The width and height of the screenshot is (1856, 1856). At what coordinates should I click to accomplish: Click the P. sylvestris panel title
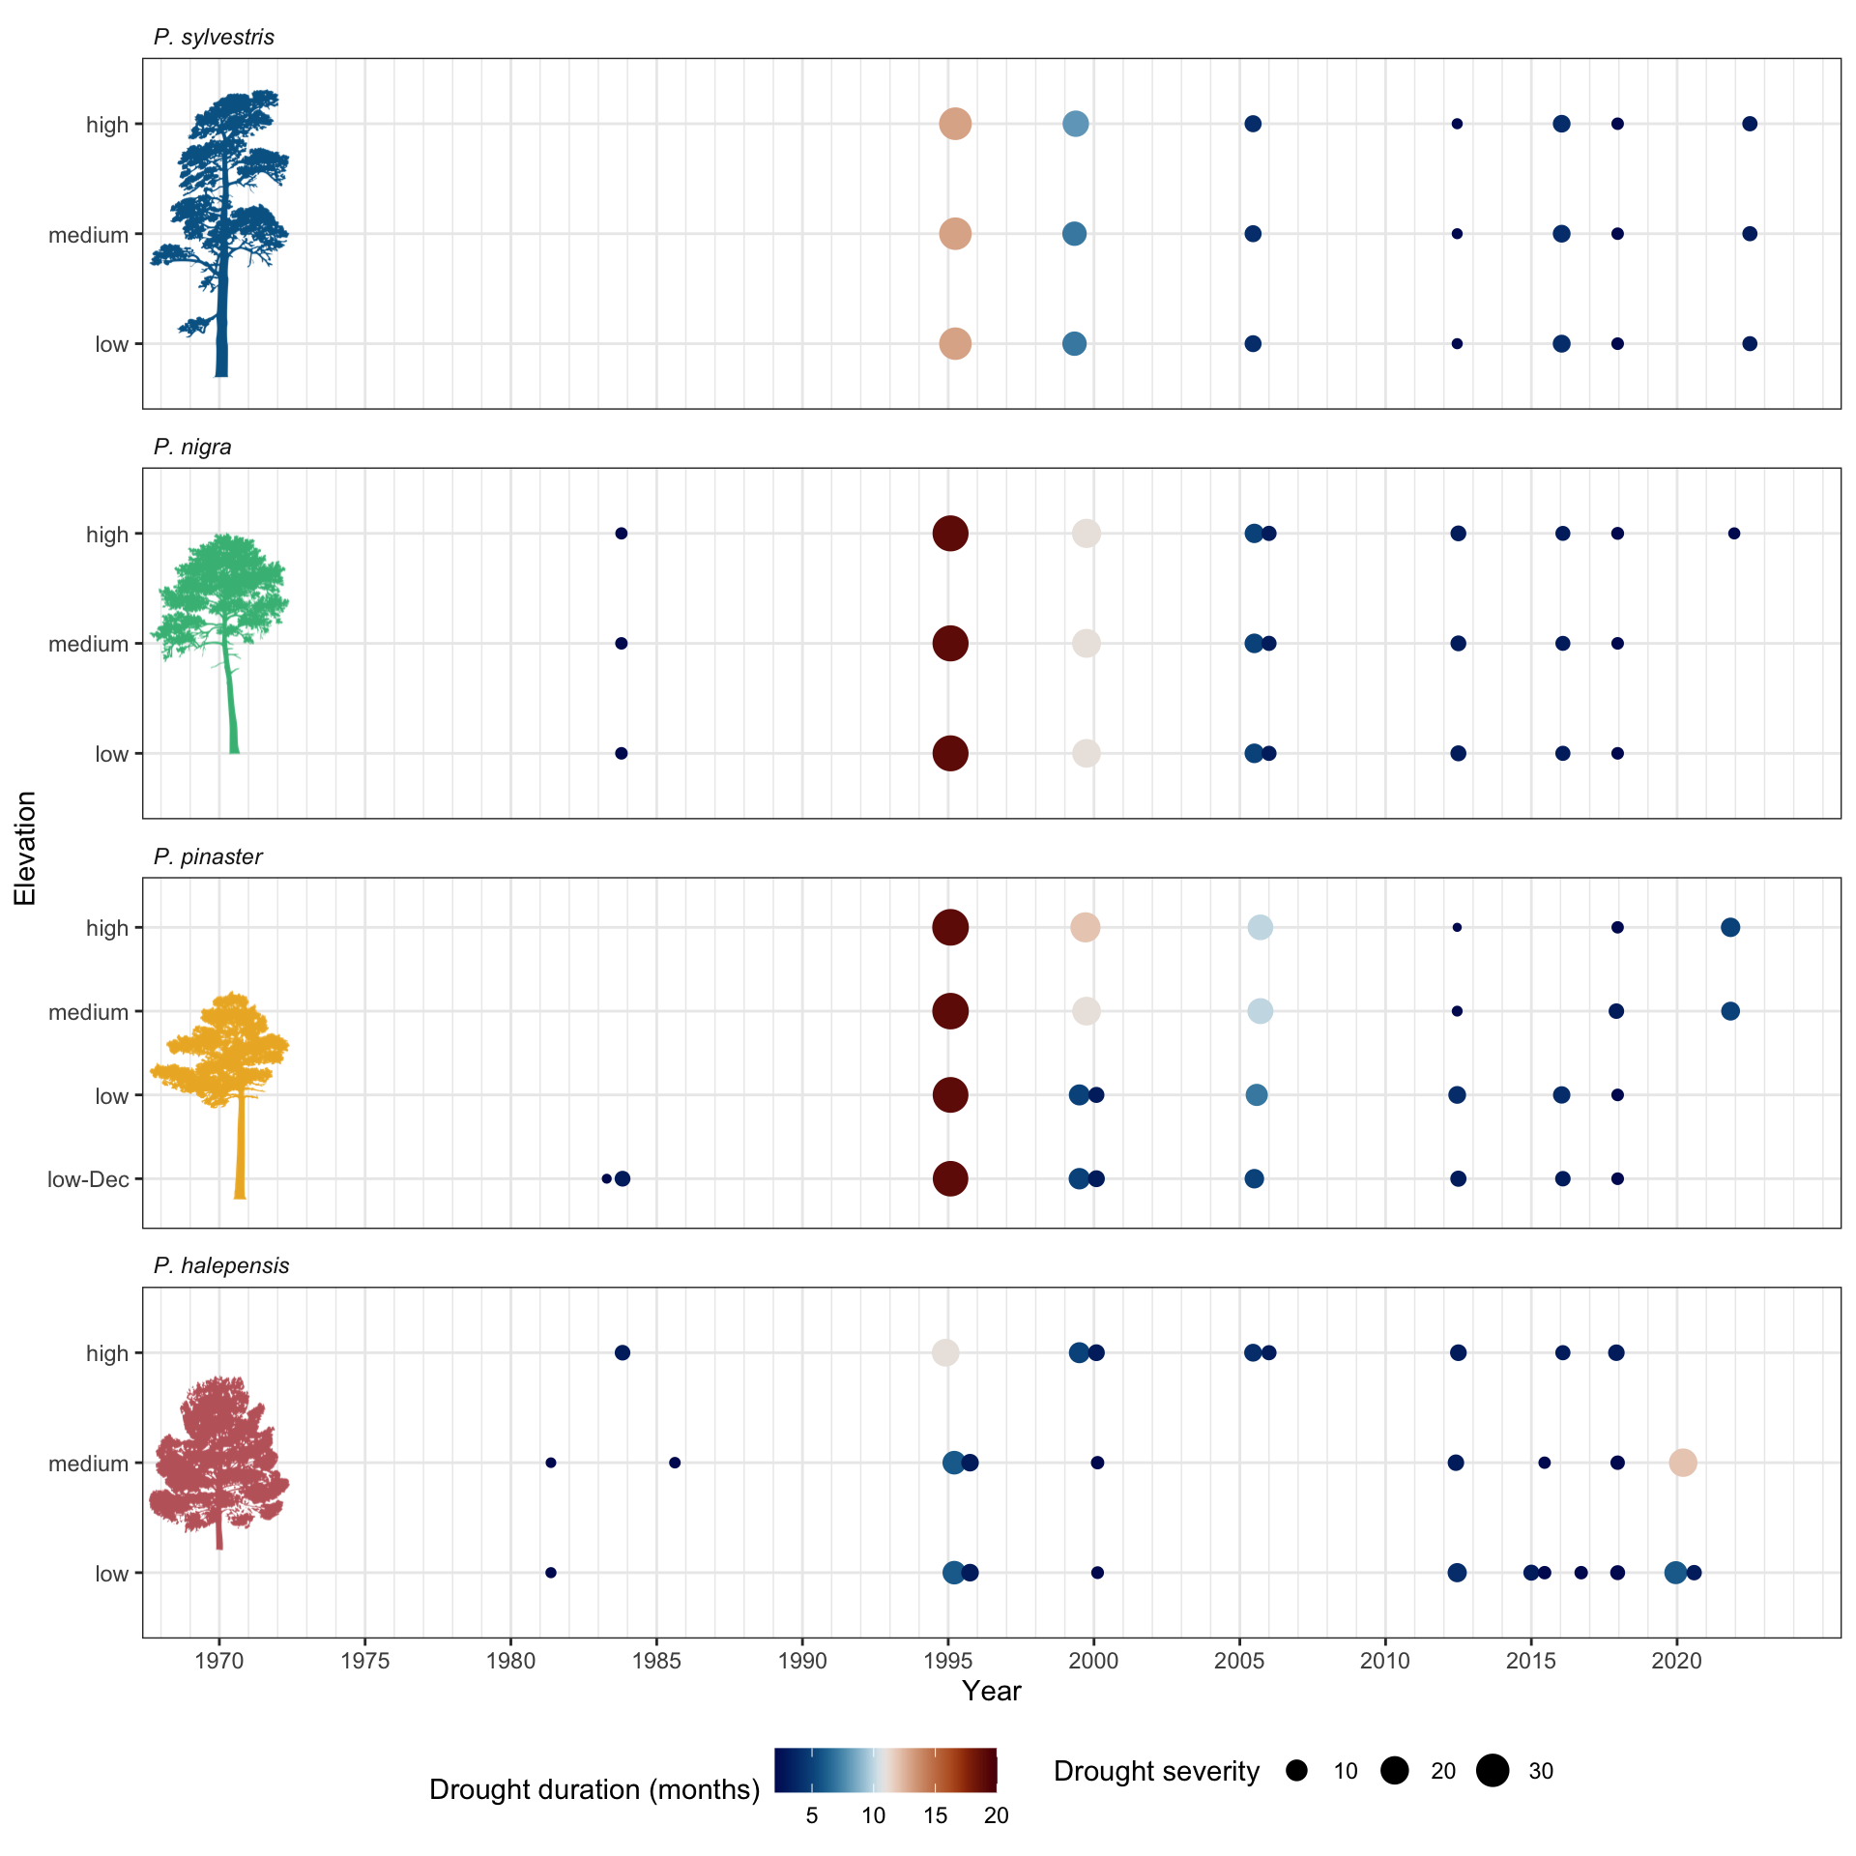[x=214, y=38]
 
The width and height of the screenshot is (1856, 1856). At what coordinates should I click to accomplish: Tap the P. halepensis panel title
[x=221, y=1266]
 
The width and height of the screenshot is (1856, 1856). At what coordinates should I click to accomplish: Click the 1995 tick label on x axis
[x=947, y=1662]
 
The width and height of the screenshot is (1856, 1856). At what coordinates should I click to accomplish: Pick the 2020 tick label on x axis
[x=1676, y=1662]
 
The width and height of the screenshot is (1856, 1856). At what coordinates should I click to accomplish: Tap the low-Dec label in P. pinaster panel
[x=88, y=1180]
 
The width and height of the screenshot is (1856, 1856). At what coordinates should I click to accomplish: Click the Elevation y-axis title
[x=25, y=848]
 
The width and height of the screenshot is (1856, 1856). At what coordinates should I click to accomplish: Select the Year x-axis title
[x=992, y=1692]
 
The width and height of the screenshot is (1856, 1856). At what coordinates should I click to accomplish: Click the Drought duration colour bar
[x=884, y=1771]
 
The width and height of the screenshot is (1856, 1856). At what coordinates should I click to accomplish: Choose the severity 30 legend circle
[x=1493, y=1771]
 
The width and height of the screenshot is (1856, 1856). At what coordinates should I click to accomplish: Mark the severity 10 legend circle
[x=1297, y=1771]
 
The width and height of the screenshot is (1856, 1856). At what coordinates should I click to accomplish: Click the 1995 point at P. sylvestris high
[x=955, y=124]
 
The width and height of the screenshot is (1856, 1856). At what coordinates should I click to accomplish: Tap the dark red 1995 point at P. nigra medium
[x=950, y=644]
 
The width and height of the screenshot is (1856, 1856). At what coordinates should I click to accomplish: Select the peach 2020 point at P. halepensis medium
[x=1683, y=1463]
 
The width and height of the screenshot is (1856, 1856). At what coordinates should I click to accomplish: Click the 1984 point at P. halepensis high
[x=623, y=1352]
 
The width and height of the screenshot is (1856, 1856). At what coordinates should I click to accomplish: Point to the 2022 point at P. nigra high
[x=1734, y=534]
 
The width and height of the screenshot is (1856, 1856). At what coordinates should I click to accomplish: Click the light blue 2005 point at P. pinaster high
[x=1260, y=928]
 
